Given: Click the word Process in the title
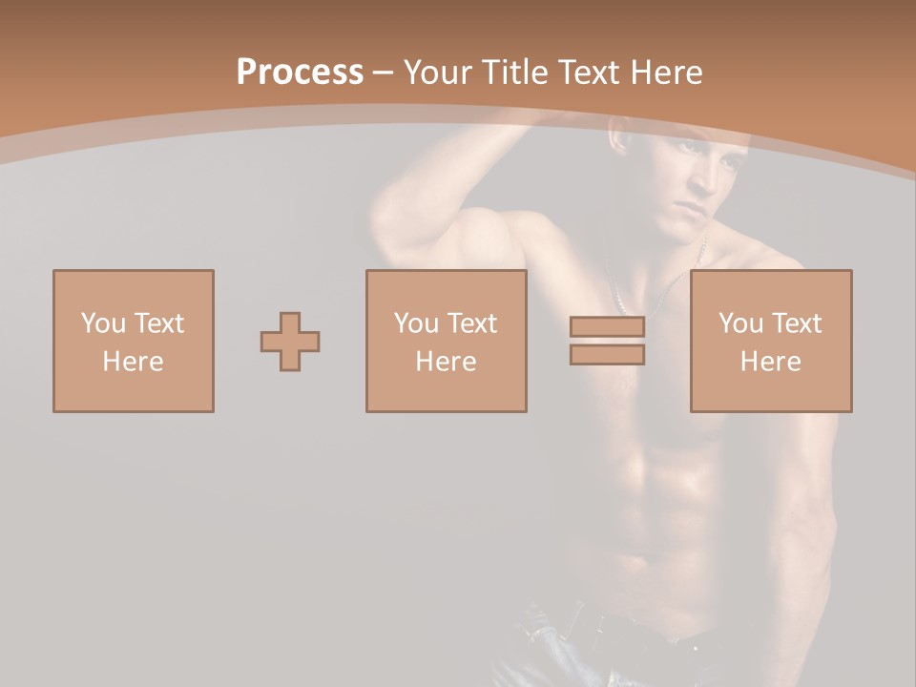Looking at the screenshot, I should [x=300, y=73].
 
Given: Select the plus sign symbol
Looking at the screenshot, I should [x=290, y=342].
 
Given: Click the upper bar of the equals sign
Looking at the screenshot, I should [x=607, y=326].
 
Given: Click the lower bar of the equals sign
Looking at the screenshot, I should [x=607, y=354].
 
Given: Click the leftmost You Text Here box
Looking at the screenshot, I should [x=133, y=341].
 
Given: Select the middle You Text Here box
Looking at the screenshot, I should [x=446, y=341].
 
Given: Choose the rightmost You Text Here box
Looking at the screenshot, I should [x=770, y=341].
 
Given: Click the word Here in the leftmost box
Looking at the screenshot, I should [x=133, y=362].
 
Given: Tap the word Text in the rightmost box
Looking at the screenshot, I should [x=796, y=323].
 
